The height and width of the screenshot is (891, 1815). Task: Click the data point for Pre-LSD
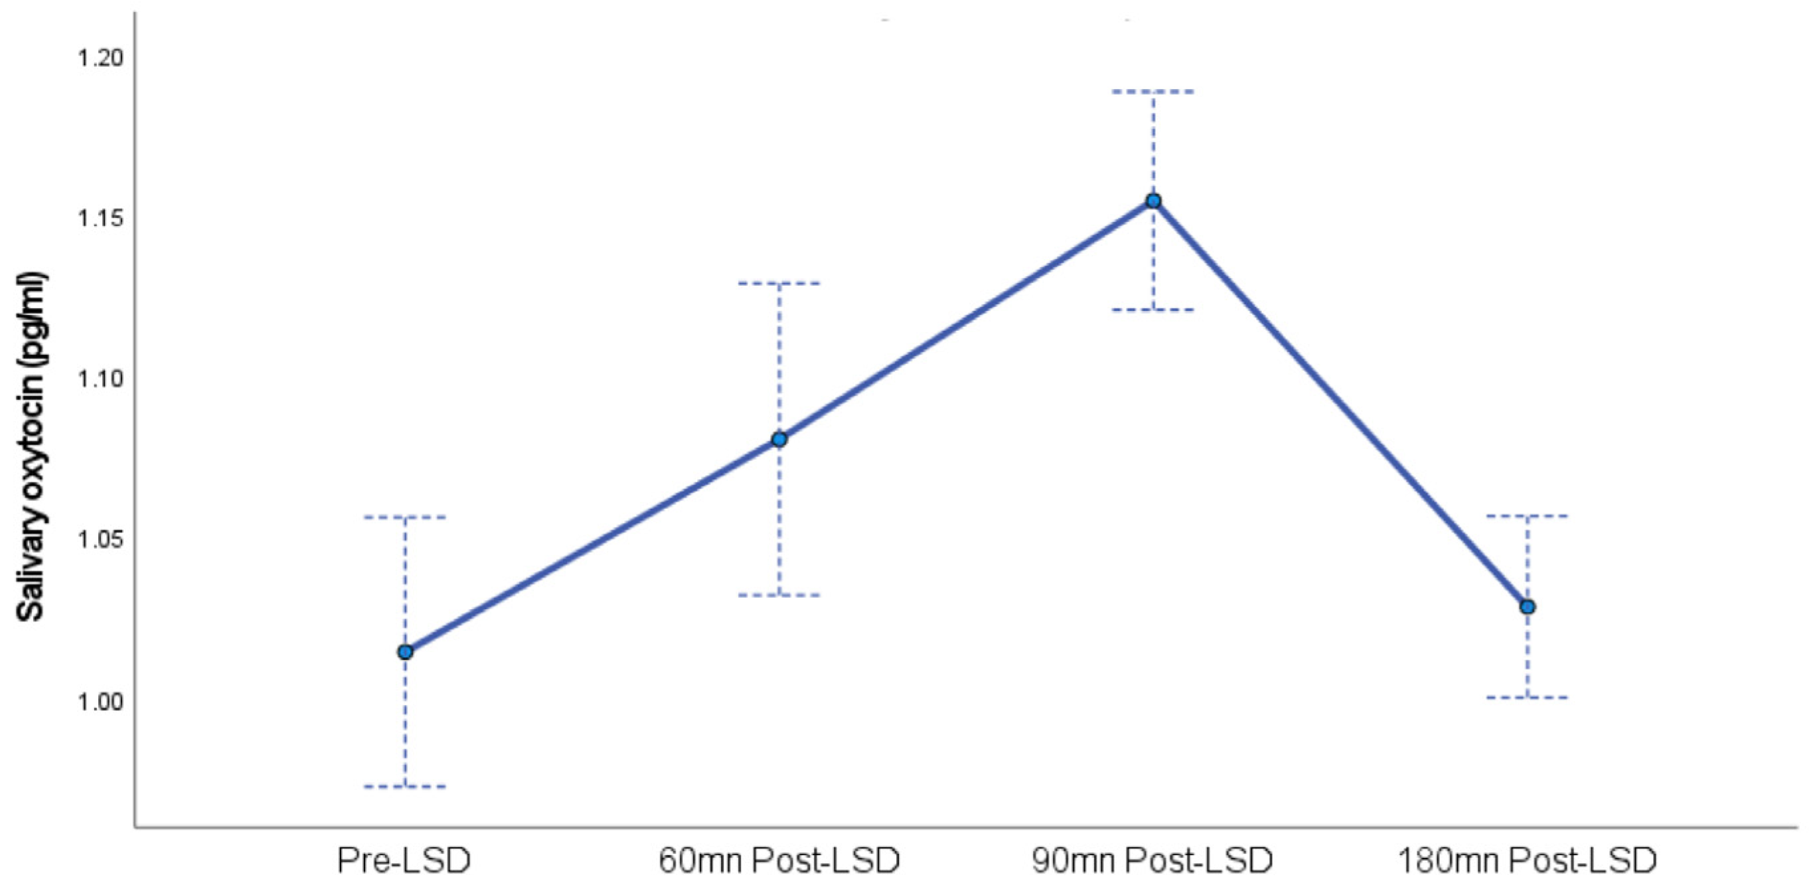tap(405, 651)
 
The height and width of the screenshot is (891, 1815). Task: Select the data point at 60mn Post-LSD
tap(779, 439)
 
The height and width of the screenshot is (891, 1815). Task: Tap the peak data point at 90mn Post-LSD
tap(1153, 201)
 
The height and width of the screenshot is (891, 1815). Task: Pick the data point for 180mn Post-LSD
tap(1528, 606)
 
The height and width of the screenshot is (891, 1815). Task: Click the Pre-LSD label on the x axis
tap(404, 860)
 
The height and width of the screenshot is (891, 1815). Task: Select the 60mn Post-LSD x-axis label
tap(779, 860)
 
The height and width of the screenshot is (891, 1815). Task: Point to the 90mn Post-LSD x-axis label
tap(1152, 860)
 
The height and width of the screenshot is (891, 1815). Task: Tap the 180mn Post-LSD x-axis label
tap(1527, 860)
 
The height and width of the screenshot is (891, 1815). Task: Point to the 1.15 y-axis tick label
tap(100, 219)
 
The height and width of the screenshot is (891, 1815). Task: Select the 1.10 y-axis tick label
tap(100, 379)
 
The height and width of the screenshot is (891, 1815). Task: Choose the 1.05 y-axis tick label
tap(100, 541)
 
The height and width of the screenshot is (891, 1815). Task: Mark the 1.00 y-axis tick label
tap(100, 702)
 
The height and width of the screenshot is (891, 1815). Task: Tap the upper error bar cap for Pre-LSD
tap(405, 518)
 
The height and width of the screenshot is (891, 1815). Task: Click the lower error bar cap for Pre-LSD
tap(405, 786)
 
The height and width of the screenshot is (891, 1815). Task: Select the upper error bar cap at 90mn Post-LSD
tap(1153, 92)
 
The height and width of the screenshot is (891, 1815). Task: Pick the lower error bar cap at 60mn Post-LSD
tap(779, 595)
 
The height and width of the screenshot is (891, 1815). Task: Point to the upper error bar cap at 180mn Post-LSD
tap(1528, 516)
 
